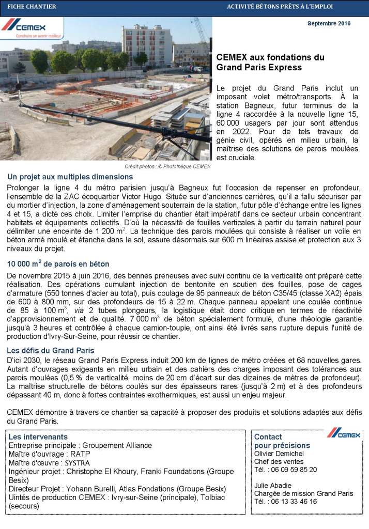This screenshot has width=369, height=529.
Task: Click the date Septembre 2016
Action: point(329,24)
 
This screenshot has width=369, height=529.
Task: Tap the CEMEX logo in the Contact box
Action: point(343,433)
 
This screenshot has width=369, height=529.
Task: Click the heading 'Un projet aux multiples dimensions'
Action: point(70,177)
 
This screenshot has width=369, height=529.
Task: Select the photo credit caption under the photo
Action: point(168,166)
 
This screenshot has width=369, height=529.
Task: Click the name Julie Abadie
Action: point(273,486)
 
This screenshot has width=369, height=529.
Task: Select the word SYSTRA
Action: point(79,462)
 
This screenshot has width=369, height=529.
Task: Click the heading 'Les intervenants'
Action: point(38,437)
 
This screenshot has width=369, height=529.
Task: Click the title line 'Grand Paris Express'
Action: point(259,67)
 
